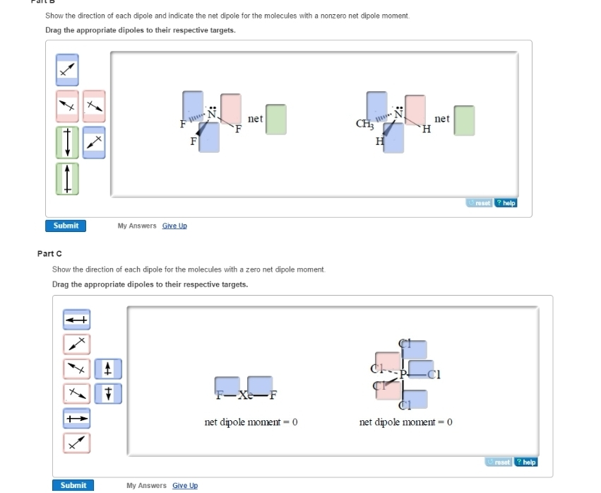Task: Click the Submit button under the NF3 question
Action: pyautogui.click(x=66, y=226)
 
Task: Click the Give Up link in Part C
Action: pyautogui.click(x=185, y=485)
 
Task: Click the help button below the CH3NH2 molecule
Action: pyautogui.click(x=506, y=203)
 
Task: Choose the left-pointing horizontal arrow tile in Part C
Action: pyautogui.click(x=76, y=320)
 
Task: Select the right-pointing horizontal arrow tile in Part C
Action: pyautogui.click(x=76, y=418)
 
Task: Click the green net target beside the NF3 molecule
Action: pyautogui.click(x=276, y=119)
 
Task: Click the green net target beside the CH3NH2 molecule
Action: pyautogui.click(x=464, y=120)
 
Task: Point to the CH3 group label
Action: pyautogui.click(x=364, y=125)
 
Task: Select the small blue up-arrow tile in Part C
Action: pyautogui.click(x=108, y=369)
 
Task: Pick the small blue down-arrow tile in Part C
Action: pyautogui.click(x=108, y=393)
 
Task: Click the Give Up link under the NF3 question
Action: pyautogui.click(x=174, y=226)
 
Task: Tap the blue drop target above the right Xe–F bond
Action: pyautogui.click(x=260, y=385)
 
